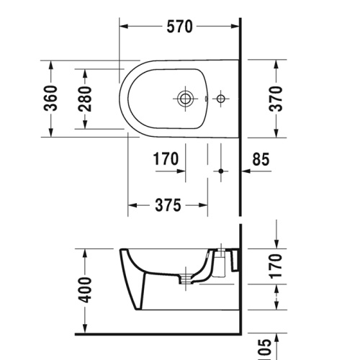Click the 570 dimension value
pos(180,27)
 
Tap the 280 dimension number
pos(85,99)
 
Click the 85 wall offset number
pos(261,160)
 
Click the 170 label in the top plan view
pos(166,160)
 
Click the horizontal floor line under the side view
pos(158,334)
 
